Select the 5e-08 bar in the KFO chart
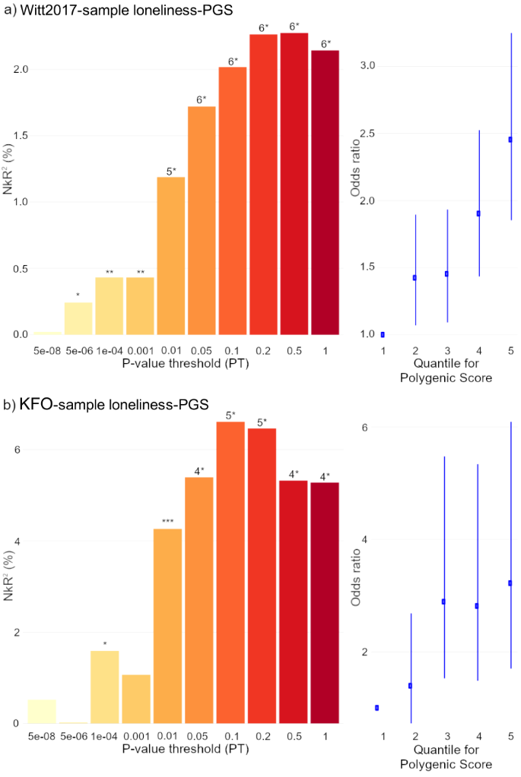[42, 711]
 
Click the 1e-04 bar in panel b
[105, 687]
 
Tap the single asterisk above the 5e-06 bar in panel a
[78, 295]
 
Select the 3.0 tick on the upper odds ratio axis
[368, 66]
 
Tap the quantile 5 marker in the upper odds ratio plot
[510, 140]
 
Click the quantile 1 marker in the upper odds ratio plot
[383, 334]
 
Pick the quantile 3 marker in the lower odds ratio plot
[443, 602]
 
